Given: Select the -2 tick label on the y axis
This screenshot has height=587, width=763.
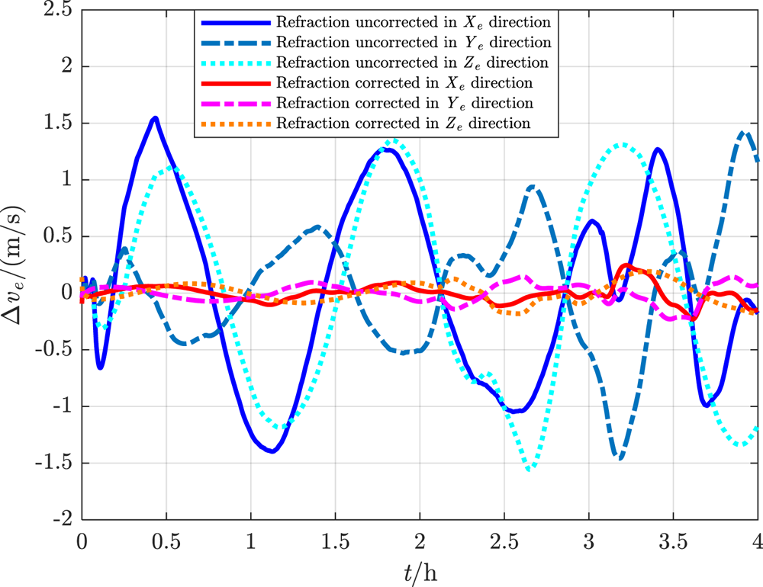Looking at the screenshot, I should (63, 519).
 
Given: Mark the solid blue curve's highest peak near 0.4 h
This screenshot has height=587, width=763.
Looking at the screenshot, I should (155, 117).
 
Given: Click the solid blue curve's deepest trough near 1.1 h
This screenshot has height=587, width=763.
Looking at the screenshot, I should (272, 451).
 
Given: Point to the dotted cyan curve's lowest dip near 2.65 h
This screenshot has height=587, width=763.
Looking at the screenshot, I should (530, 470).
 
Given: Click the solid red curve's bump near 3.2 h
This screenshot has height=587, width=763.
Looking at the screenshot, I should (626, 265).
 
